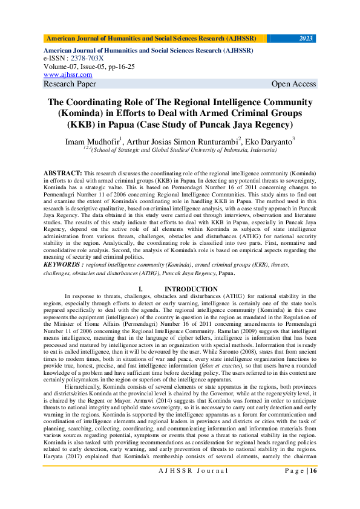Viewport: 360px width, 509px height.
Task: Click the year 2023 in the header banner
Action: pyautogui.click(x=306, y=38)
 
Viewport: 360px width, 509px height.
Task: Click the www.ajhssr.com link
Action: pyautogui.click(x=68, y=75)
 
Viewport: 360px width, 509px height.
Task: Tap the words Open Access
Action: pyautogui.click(x=293, y=84)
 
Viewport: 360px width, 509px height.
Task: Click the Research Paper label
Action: pyautogui.click(x=70, y=84)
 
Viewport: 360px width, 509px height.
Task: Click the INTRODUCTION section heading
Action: pyautogui.click(x=191, y=290)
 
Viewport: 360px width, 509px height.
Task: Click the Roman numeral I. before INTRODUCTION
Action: pyautogui.click(x=140, y=290)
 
